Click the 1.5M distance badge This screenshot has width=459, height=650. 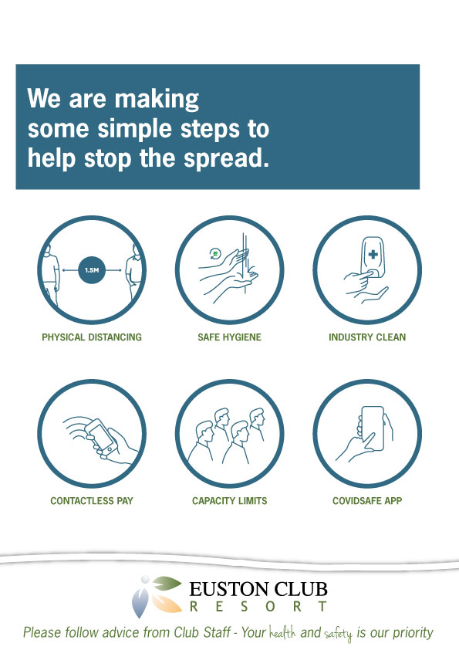(x=92, y=270)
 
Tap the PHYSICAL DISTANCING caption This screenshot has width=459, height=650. (x=92, y=337)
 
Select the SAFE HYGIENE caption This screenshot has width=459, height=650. (x=230, y=337)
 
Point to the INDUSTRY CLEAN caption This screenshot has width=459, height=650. (x=367, y=337)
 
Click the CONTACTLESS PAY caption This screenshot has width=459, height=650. (x=92, y=501)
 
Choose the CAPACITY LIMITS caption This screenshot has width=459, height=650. (x=230, y=501)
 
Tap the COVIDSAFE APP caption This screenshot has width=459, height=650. (x=367, y=501)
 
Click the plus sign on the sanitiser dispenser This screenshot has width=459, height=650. (x=373, y=254)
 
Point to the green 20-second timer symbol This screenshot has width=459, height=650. (x=215, y=253)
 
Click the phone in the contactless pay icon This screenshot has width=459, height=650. (x=101, y=438)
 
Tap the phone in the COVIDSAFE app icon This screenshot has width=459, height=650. (x=373, y=428)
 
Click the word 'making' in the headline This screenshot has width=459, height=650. (x=157, y=99)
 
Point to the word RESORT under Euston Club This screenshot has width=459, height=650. (x=258, y=607)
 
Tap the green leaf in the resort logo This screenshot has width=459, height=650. (x=167, y=584)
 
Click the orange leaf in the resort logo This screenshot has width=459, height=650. (x=166, y=604)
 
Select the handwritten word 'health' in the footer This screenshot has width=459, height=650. (x=282, y=633)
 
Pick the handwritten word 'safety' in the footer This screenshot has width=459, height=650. (x=339, y=635)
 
